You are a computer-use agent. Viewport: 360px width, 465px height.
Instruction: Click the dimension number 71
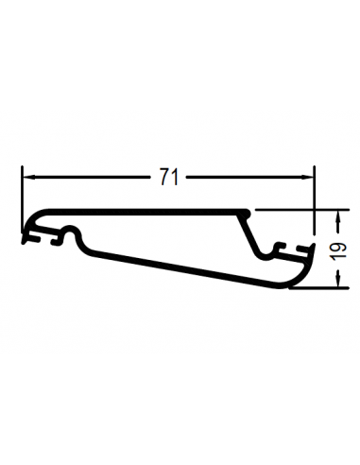169,177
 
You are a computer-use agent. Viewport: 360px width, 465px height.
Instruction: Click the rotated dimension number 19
337,251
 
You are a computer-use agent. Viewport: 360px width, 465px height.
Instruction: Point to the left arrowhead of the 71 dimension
29,177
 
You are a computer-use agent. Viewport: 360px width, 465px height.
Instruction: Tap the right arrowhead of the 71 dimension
307,177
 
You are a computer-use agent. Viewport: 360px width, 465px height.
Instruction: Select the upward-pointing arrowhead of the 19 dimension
338,216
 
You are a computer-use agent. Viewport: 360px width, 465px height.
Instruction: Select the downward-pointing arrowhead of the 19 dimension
338,281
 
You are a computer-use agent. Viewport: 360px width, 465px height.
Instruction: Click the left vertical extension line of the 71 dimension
22,199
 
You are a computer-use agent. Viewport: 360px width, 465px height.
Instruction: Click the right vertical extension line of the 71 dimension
314,199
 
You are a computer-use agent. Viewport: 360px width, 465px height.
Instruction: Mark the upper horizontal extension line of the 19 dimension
301,210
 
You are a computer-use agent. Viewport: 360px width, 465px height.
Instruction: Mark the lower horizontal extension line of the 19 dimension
318,287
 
